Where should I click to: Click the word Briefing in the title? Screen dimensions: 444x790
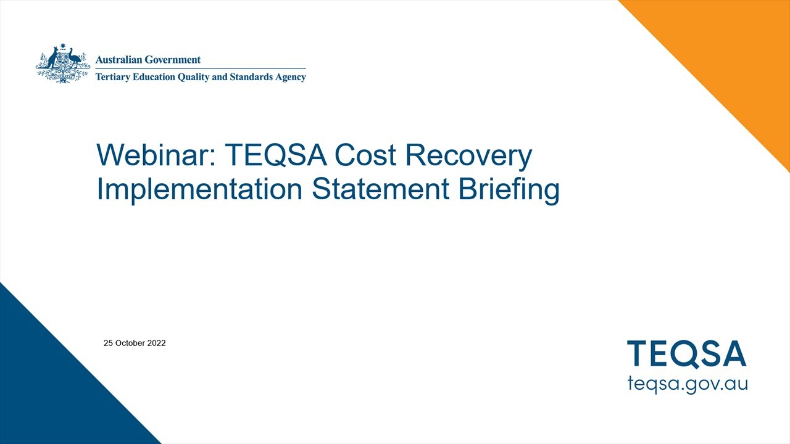(509, 190)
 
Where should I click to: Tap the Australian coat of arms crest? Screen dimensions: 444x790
(63, 64)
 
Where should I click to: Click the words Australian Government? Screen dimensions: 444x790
(148, 60)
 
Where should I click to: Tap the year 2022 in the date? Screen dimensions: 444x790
(156, 343)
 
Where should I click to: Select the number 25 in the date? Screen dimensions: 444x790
(108, 343)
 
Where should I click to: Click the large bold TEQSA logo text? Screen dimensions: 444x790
(687, 354)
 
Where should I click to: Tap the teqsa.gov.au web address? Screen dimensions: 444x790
(687, 383)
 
